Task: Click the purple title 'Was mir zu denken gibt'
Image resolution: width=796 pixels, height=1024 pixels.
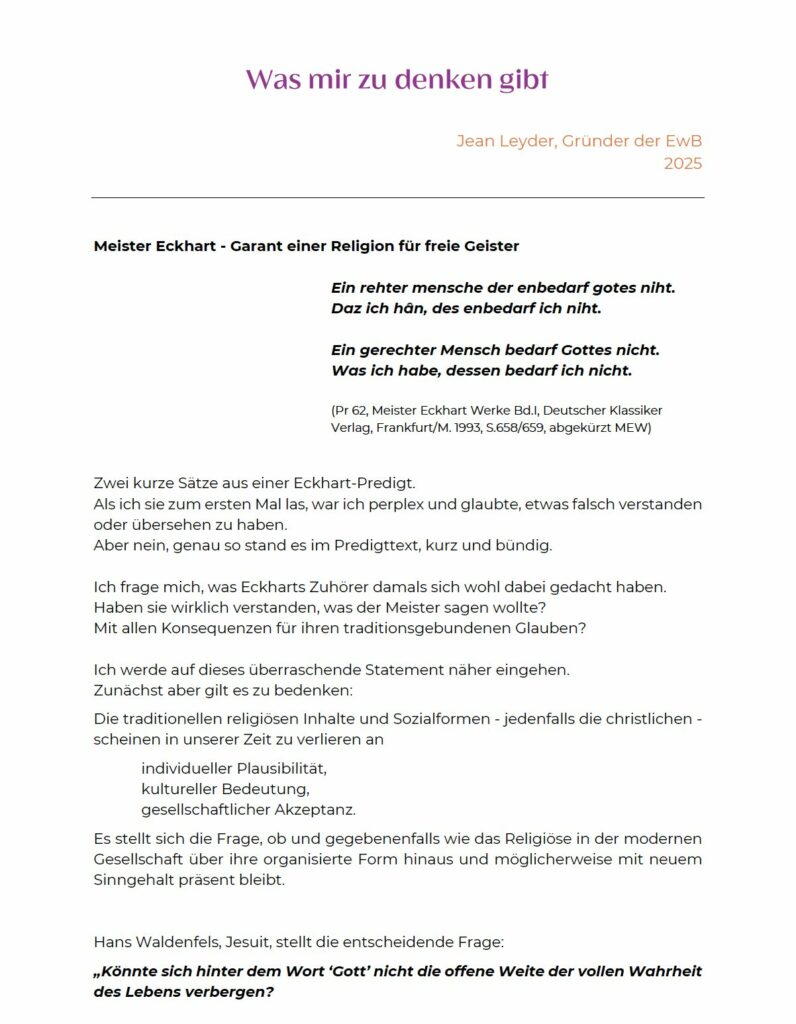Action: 397,80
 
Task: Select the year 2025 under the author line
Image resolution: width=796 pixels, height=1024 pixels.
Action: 682,164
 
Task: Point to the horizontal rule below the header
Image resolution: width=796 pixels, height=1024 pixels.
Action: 397,198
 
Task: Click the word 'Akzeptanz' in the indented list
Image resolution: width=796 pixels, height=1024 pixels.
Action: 320,810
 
